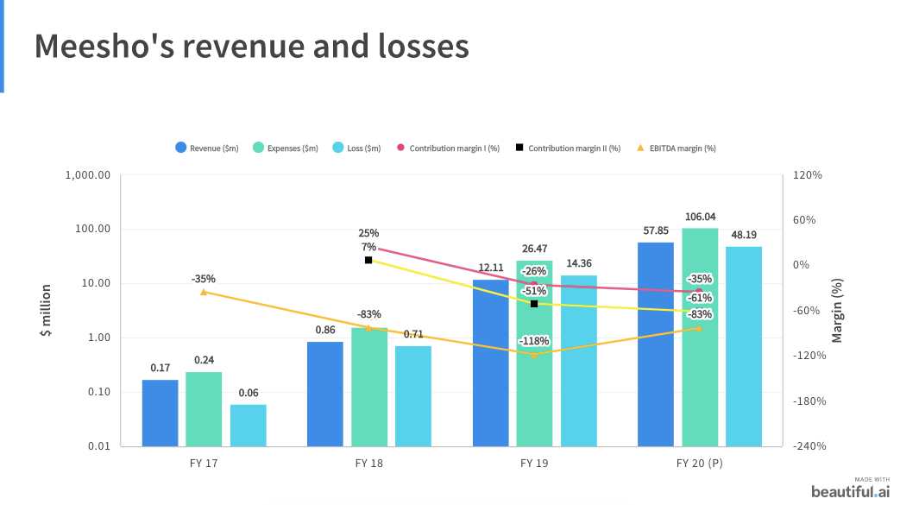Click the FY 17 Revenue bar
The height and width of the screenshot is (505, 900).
pyautogui.click(x=160, y=413)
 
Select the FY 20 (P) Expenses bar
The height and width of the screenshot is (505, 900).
pyautogui.click(x=700, y=337)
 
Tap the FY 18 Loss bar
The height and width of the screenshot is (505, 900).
pyautogui.click(x=413, y=395)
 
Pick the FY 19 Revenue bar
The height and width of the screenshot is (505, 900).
pyautogui.click(x=491, y=363)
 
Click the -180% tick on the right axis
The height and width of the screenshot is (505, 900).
pyautogui.click(x=809, y=401)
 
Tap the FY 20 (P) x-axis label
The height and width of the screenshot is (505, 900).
pyautogui.click(x=699, y=464)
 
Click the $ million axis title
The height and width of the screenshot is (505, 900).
pyautogui.click(x=47, y=310)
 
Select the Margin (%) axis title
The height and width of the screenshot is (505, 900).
pyautogui.click(x=837, y=310)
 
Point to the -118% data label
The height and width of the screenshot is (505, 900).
pyautogui.click(x=534, y=341)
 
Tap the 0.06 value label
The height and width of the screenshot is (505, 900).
pyautogui.click(x=249, y=393)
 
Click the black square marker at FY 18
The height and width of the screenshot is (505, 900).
pyautogui.click(x=368, y=260)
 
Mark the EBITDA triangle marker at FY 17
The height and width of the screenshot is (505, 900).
pyautogui.click(x=204, y=292)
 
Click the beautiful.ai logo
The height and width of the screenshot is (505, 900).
pyautogui.click(x=849, y=490)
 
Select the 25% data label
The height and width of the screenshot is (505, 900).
pyautogui.click(x=368, y=233)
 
